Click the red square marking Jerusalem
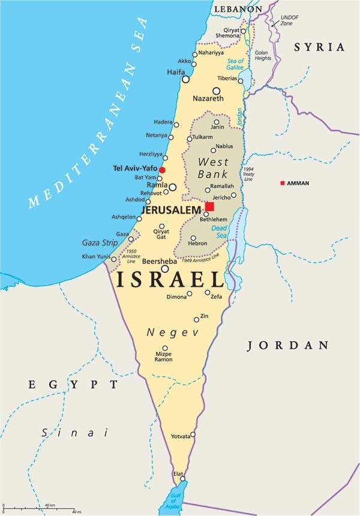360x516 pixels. (x=209, y=206)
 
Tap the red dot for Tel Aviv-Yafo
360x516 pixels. (x=162, y=170)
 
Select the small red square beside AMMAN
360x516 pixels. (x=283, y=183)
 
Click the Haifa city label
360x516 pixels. (x=176, y=72)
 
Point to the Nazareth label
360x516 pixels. (x=208, y=98)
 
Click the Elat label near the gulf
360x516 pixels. (x=178, y=474)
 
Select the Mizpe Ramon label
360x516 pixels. (x=163, y=356)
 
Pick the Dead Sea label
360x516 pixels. (x=219, y=232)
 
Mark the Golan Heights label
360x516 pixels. (x=262, y=56)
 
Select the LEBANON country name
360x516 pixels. (x=238, y=9)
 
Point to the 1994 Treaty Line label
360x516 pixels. (x=248, y=174)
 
